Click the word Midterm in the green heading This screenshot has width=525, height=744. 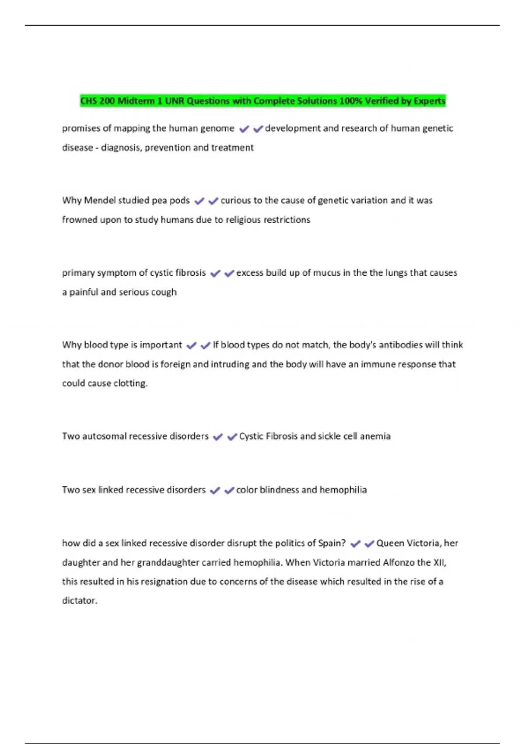coord(136,101)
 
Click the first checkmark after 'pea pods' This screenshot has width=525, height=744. coord(199,201)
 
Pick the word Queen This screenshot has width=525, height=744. coord(390,544)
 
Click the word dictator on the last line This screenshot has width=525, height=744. coord(79,601)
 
